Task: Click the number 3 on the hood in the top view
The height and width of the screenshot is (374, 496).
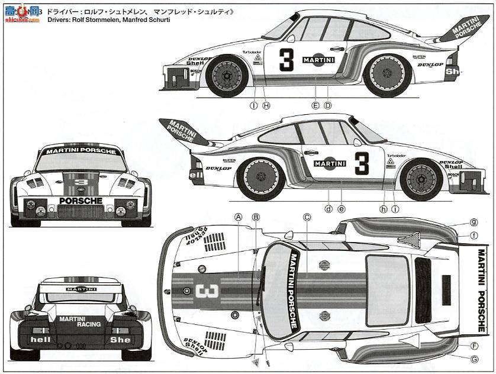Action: tap(207, 291)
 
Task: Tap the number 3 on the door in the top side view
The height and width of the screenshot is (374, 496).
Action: tap(286, 60)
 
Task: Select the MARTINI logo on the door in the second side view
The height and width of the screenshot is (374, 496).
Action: tap(330, 163)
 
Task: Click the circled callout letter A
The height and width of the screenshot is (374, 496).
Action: tap(238, 217)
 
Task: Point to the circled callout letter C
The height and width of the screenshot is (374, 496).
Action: tap(307, 217)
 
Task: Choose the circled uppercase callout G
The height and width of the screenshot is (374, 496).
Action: tap(474, 359)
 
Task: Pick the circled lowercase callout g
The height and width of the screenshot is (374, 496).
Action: tap(474, 223)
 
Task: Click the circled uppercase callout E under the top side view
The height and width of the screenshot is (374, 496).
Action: tap(315, 105)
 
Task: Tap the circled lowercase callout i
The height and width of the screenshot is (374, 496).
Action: tap(395, 208)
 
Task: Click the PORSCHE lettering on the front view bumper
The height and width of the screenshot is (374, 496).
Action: tap(80, 201)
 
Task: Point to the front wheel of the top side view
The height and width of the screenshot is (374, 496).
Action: tap(227, 75)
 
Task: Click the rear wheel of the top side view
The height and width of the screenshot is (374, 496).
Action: tap(388, 75)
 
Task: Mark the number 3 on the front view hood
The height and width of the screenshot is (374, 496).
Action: tap(81, 182)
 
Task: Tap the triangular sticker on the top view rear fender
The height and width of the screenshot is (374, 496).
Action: tap(408, 240)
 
